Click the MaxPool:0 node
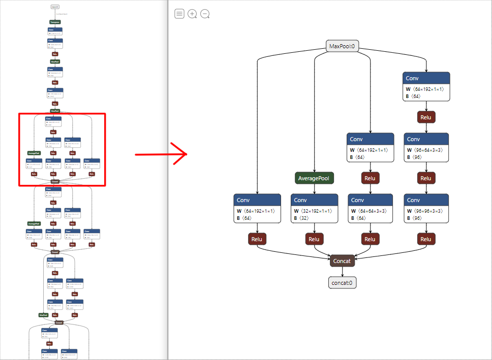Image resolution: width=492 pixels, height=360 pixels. point(342,46)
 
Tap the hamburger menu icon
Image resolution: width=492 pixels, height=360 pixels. point(179,14)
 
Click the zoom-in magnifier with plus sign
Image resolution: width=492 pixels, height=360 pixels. point(192,14)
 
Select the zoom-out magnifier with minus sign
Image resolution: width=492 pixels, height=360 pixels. point(205,14)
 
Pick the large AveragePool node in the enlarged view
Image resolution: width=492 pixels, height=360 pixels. point(314,178)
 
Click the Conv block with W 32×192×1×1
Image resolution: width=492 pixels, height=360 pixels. point(314,208)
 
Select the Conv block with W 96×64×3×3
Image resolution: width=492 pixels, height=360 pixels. point(426,147)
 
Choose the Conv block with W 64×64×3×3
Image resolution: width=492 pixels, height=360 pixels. point(370,208)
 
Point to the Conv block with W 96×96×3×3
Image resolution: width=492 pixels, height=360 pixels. point(426,208)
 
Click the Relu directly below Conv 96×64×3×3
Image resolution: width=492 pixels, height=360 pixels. point(426,178)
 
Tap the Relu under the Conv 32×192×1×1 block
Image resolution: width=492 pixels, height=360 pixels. point(314,239)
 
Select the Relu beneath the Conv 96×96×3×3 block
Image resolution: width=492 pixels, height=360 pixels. point(426,239)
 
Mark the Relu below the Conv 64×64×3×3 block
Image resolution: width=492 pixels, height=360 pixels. point(370,239)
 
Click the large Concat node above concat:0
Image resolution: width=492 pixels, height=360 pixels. point(342,261)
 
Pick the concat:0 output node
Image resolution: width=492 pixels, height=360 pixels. point(342,283)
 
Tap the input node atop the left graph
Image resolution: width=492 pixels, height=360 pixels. point(55,7)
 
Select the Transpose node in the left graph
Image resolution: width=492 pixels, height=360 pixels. point(55,22)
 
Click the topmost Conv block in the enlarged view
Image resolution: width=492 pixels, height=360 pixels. point(426,86)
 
